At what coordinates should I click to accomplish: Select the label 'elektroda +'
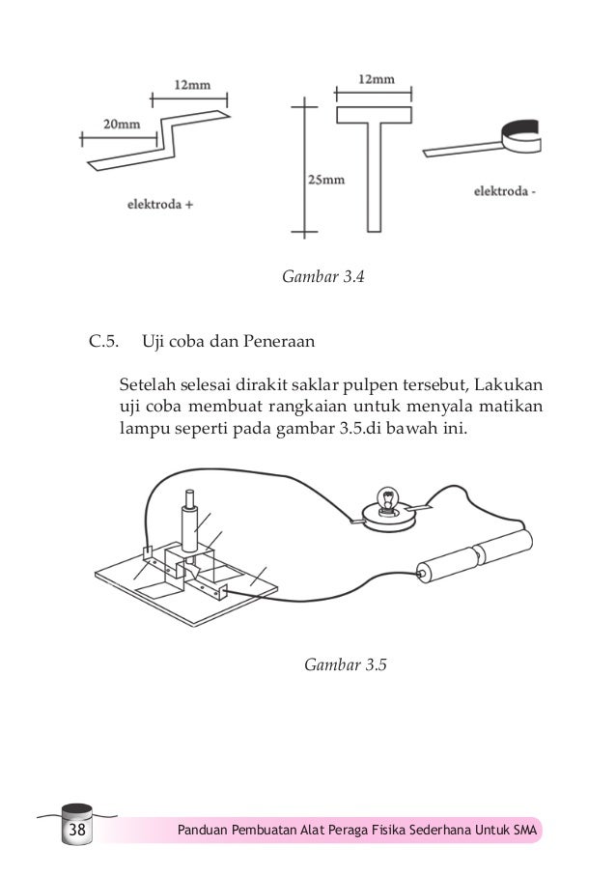(160, 204)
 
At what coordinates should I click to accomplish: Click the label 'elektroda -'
(506, 191)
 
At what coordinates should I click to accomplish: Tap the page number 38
(76, 832)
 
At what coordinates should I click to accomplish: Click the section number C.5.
(103, 340)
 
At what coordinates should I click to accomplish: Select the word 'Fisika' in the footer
(391, 832)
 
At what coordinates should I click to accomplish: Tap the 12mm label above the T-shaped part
(376, 82)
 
